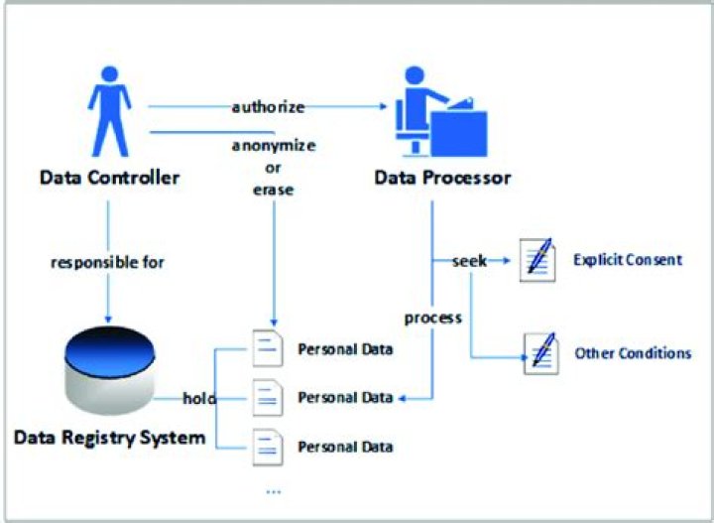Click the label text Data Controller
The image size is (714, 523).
coord(109,179)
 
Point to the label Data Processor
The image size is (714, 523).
coord(442,179)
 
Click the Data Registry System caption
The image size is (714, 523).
coord(110,436)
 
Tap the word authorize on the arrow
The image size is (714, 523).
coord(268,105)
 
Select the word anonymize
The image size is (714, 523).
coord(274,145)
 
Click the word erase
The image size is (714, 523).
coord(274,190)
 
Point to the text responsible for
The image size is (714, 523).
coord(109,264)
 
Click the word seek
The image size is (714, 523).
coord(469,261)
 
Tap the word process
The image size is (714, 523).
coord(433,318)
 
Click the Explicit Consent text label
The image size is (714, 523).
coord(628,260)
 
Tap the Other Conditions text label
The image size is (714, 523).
coord(633,352)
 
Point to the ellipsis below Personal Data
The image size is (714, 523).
coord(274,490)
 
